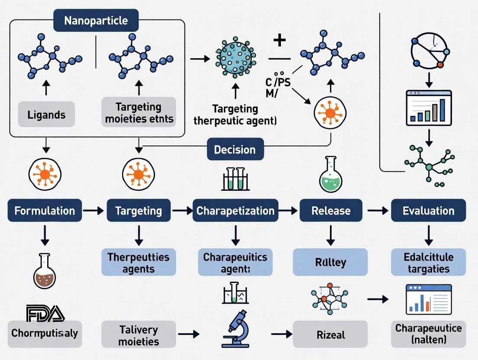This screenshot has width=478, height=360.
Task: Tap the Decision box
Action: point(235,149)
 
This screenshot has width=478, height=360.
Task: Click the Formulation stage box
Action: point(45,211)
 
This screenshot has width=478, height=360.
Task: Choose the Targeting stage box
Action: point(139,211)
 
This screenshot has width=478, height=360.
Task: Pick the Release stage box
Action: point(331,211)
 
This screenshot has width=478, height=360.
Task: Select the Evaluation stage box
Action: point(428,211)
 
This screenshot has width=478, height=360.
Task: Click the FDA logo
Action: point(45,313)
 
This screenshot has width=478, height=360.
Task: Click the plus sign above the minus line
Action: point(280,41)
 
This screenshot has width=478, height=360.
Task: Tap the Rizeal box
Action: point(330,334)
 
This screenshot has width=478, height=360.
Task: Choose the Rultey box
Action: point(330,262)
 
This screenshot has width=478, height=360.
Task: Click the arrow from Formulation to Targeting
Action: point(94,211)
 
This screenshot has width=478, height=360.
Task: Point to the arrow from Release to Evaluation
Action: point(377,211)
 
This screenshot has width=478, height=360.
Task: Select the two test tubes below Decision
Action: point(235,179)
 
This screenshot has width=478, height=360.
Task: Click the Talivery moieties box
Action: point(139,334)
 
